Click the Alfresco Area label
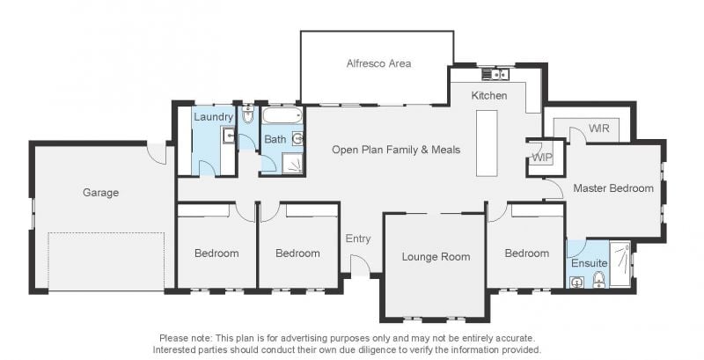pos(378,63)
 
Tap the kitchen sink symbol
pos(495,74)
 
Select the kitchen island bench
pos(487,143)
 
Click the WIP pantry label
pos(542,158)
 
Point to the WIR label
pos(599,129)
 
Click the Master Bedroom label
pos(613,188)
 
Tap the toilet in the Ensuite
pos(599,280)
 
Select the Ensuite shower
pos(620,264)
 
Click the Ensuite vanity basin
pos(576,283)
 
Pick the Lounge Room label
pos(436,257)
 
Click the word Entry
pos(358,239)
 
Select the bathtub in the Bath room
pos(282,116)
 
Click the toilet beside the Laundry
pos(248,114)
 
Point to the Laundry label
pos(213,117)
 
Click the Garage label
pos(100,193)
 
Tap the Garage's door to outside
pos(158,153)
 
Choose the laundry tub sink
pos(228,136)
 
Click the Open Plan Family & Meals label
pos(396,150)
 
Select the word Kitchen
pos(489,96)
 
